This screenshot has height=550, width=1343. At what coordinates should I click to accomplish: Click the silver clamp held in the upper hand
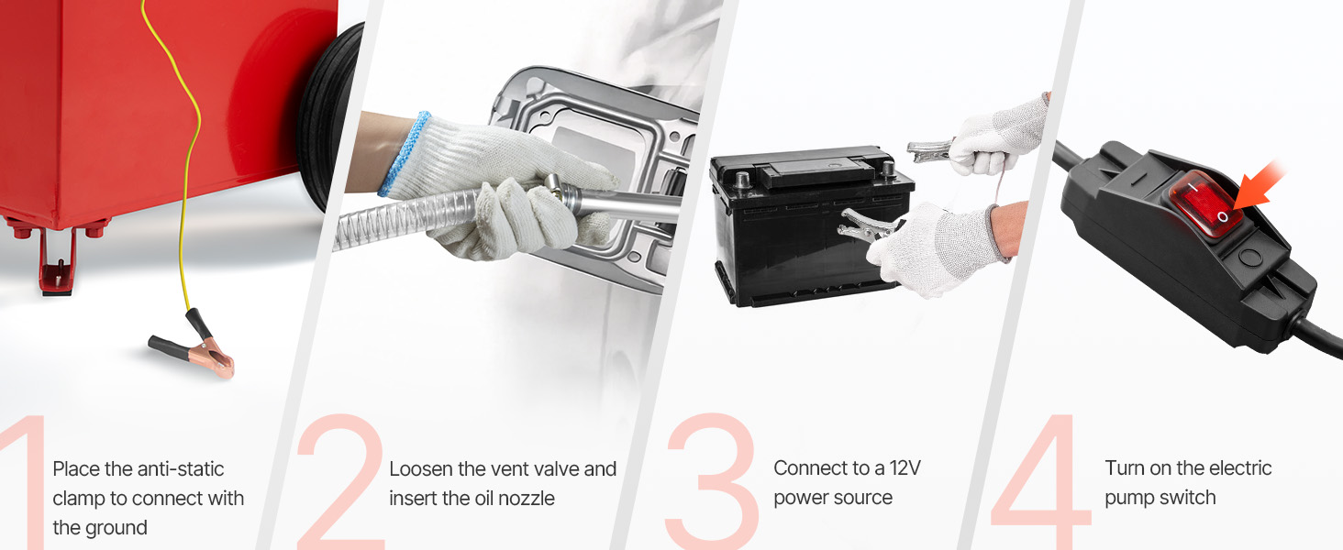pyautogui.click(x=930, y=150)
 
